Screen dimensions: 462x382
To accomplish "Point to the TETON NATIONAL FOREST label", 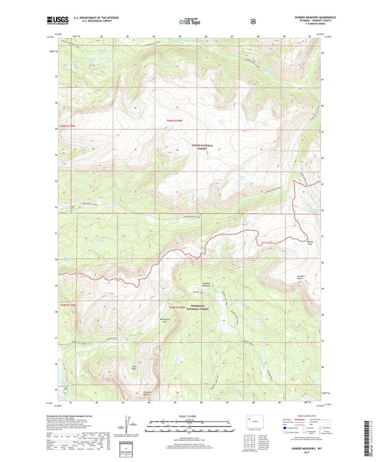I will [x=204, y=146].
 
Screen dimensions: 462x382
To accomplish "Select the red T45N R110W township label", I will [x=176, y=120].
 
